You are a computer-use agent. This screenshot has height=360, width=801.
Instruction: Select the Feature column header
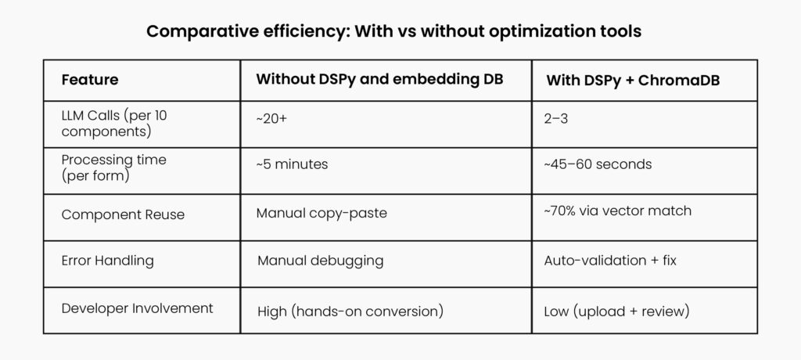point(90,80)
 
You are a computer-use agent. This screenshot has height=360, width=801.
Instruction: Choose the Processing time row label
point(113,167)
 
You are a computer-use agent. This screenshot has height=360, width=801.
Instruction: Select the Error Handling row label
point(109,260)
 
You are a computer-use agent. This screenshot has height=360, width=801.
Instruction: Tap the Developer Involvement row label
point(137,308)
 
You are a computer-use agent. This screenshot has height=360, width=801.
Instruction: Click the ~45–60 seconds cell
point(598,165)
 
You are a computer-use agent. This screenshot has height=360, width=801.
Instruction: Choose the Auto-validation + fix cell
point(609,260)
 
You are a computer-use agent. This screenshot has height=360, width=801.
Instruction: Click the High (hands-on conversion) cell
point(350,311)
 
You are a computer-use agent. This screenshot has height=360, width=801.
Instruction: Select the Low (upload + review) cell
point(616,311)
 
